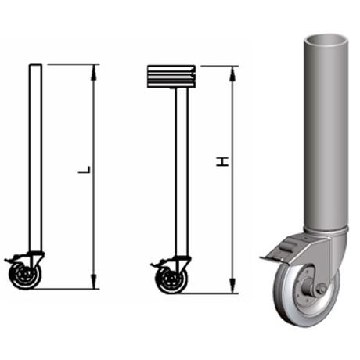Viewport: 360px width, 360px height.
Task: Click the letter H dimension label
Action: click(x=224, y=161)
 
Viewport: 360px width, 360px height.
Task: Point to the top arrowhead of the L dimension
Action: click(x=94, y=69)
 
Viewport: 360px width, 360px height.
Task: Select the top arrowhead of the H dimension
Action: click(x=232, y=71)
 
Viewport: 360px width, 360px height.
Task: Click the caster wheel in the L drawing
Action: click(x=25, y=275)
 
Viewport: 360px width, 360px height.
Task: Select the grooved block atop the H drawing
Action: click(x=171, y=77)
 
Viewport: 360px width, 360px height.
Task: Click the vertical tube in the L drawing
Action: click(x=34, y=157)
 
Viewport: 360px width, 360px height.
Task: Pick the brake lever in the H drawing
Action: click(x=157, y=265)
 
